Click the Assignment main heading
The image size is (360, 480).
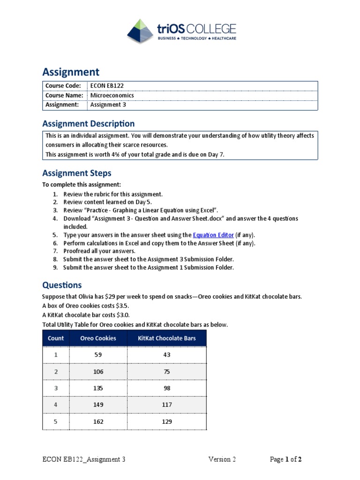coord(71,72)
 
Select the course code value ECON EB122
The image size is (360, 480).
coord(107,85)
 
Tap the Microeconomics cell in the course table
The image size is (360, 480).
coord(112,95)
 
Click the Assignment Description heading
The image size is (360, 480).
coord(88,124)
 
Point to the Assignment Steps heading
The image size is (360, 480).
coord(77,173)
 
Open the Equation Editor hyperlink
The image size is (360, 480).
coord(213,235)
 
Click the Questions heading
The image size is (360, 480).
coord(62,285)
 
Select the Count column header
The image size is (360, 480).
coord(56,338)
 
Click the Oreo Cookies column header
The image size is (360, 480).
coord(98,338)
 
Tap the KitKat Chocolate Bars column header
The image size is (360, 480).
coord(166,338)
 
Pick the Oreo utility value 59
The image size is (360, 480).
coord(98,355)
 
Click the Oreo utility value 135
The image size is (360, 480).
coord(98,388)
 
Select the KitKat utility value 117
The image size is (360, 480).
coord(166,405)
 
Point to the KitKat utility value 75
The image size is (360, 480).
coord(166,372)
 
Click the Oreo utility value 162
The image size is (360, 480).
coord(98,421)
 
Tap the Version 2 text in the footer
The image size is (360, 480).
coord(222,459)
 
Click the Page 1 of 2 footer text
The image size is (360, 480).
coord(285,459)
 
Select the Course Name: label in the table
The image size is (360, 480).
coord(64,95)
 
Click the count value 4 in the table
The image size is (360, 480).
coord(56,405)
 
